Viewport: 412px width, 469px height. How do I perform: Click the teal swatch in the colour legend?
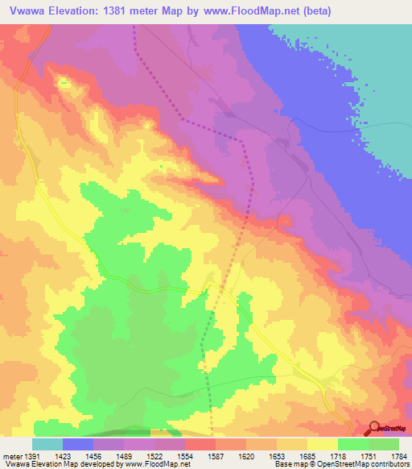pyautogui.click(x=47, y=444)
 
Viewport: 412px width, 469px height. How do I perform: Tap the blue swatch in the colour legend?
pyautogui.click(x=78, y=444)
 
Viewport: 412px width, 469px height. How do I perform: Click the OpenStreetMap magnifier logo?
pyautogui.click(x=373, y=427)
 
